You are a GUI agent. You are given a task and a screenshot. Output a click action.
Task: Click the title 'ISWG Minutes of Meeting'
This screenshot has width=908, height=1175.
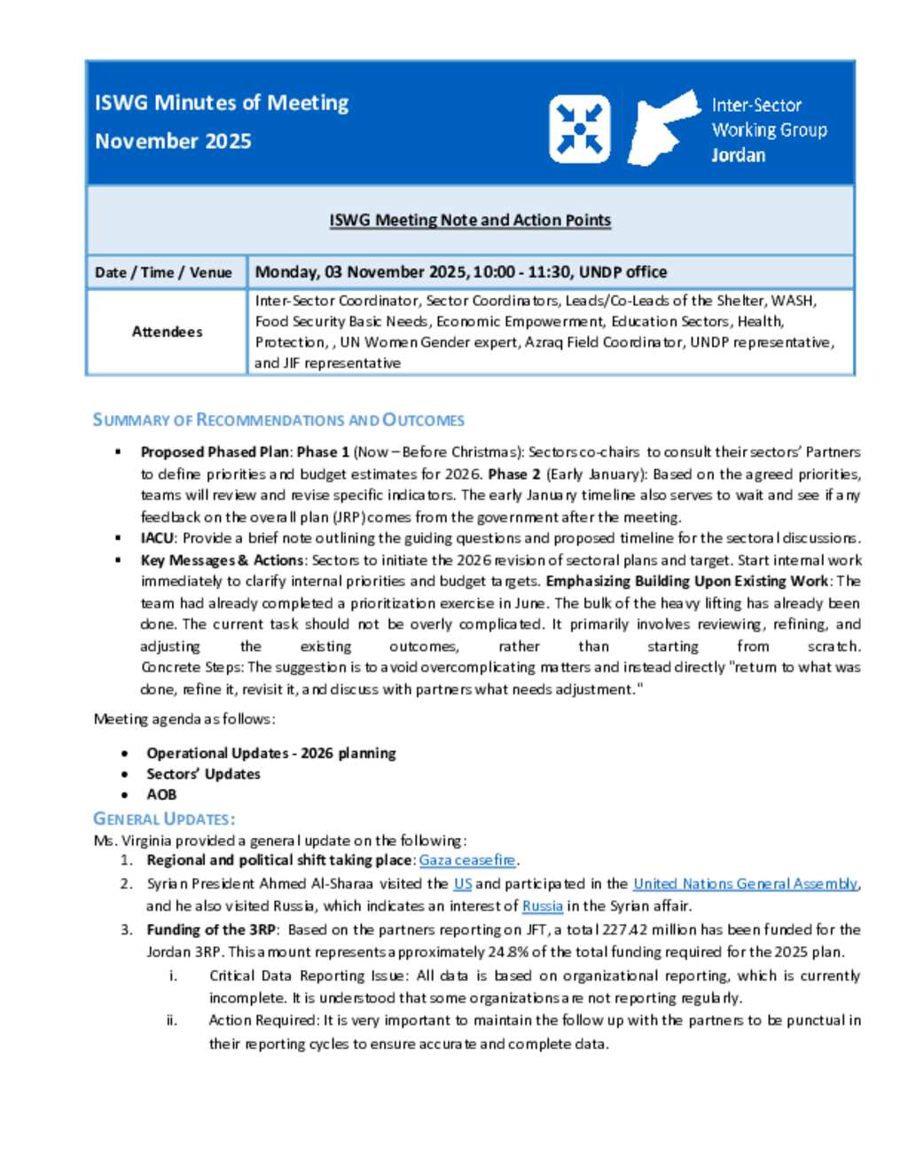coord(222,103)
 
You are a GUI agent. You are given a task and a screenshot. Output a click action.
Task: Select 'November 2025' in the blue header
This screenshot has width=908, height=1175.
coord(173,141)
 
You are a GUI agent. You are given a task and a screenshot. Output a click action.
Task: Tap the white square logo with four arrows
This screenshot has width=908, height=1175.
coord(579,129)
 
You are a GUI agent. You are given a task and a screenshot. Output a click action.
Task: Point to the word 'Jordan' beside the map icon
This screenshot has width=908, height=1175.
coord(738,155)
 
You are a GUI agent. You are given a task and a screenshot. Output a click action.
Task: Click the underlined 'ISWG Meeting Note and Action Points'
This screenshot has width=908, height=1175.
coord(470,220)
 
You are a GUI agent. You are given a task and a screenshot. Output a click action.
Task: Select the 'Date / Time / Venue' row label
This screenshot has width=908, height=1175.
coord(163,272)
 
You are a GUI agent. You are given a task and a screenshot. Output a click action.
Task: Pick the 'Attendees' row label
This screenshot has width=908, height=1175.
coord(167,332)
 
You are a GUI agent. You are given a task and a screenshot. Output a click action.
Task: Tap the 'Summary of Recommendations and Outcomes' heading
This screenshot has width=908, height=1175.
coord(278,420)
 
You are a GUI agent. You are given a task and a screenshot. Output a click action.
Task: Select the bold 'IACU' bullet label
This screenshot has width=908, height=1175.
coord(157,538)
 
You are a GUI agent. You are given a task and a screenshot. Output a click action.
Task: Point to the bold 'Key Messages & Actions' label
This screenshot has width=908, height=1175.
coord(222,560)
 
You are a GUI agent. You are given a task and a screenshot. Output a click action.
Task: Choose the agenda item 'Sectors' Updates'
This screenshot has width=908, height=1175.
coord(203,774)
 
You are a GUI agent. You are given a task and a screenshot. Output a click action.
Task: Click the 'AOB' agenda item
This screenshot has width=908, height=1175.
coord(161,795)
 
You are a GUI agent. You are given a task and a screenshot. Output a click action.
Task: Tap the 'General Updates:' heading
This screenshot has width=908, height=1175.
coord(164,819)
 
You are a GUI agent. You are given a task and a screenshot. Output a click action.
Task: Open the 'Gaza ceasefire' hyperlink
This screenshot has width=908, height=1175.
coord(467,860)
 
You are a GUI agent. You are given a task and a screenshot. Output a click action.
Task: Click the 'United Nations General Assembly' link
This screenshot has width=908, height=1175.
coord(745,883)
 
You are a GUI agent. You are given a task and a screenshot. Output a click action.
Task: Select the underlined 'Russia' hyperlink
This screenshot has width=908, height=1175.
coord(543,906)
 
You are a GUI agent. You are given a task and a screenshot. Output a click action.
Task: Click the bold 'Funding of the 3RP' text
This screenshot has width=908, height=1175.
coord(211,929)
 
